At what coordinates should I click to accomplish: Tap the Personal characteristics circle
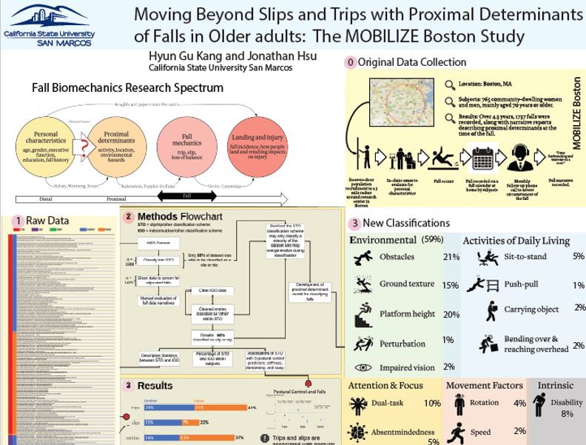click(51, 144)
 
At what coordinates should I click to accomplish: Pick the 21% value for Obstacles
click(448, 257)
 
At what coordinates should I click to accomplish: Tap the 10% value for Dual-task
click(433, 404)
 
